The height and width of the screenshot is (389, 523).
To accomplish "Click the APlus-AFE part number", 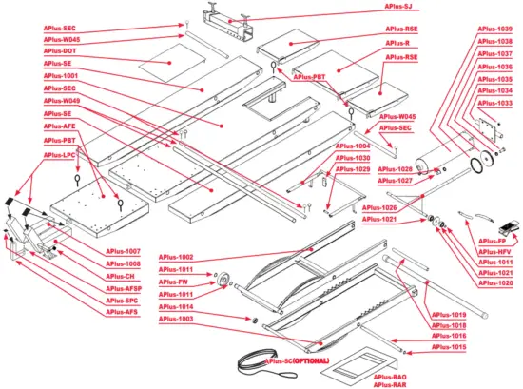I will (x=60, y=126).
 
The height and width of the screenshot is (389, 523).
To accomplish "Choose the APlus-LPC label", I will (x=60, y=152).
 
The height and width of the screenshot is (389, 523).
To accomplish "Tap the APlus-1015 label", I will (x=449, y=348).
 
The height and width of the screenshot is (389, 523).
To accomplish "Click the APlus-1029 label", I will (x=352, y=169).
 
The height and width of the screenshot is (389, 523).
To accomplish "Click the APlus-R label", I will (x=397, y=44).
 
